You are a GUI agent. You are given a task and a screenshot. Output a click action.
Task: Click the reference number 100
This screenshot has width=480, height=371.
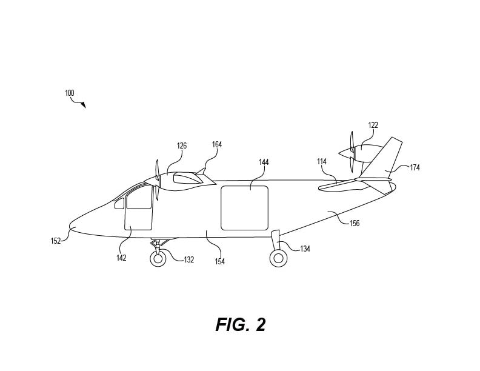[x=70, y=93]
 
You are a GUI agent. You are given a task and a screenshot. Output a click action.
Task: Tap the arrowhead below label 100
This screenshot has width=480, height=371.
[x=84, y=105]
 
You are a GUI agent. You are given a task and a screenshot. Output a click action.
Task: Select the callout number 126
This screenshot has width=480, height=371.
[x=182, y=145]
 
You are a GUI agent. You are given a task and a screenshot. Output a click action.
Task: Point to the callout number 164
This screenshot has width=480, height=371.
[x=217, y=144]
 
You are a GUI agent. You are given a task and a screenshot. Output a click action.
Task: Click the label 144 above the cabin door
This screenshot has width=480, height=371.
[x=264, y=162]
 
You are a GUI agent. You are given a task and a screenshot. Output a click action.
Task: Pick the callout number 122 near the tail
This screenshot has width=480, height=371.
[x=373, y=125]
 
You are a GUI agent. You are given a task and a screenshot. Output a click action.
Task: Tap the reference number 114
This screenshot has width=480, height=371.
[x=322, y=162]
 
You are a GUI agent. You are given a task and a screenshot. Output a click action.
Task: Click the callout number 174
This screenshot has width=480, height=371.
[x=415, y=167]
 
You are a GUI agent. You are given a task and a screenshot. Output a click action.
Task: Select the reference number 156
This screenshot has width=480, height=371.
[x=355, y=223]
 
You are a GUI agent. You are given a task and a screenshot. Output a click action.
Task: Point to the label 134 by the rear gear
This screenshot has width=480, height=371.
[x=305, y=249]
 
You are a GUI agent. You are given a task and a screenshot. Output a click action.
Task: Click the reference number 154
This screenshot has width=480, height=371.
[x=220, y=261]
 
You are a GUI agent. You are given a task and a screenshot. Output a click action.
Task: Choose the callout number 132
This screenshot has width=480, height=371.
[x=189, y=259]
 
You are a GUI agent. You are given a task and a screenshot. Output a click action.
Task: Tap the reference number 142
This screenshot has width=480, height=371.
[x=121, y=258]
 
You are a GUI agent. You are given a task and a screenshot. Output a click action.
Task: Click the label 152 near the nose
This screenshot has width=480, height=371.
[x=56, y=241]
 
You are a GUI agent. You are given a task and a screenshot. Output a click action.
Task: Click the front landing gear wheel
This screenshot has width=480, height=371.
[x=158, y=259]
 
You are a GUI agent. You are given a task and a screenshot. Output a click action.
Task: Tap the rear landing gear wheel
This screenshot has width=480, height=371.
[x=278, y=258]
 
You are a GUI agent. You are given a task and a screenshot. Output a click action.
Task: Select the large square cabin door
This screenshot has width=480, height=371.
[x=245, y=208]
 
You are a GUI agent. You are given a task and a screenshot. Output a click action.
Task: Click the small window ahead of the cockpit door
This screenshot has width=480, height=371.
[x=119, y=204]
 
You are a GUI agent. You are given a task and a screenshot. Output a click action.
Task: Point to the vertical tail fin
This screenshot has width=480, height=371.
[x=382, y=159]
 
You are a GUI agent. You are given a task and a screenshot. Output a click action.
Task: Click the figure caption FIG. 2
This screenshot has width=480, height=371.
[x=241, y=324]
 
